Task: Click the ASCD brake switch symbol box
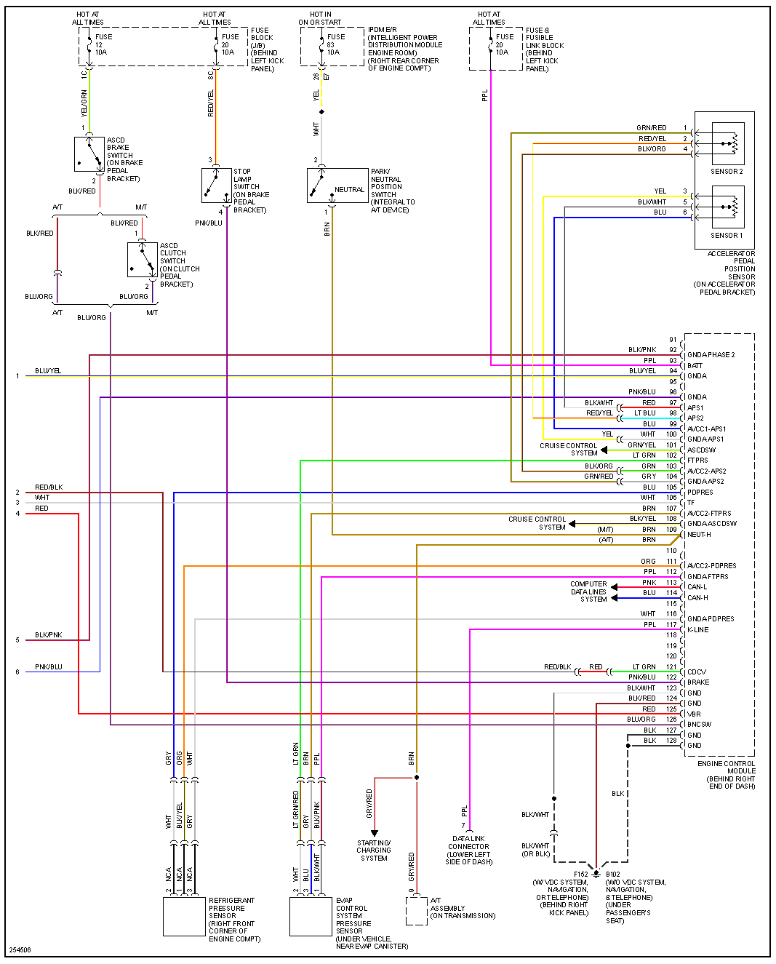89,154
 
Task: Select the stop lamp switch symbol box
216,186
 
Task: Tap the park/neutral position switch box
337,186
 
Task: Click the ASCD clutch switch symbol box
142,260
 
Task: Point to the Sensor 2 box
727,143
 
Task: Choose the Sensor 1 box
727,207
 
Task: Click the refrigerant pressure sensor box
184,917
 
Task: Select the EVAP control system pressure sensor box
311,917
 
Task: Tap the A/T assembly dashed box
416,911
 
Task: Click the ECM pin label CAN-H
697,598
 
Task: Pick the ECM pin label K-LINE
697,630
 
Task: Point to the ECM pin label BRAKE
698,682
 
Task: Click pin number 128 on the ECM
671,741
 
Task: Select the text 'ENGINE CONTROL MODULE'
727,768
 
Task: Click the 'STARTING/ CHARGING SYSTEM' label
374,851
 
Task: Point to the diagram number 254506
20,950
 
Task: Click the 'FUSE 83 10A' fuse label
336,44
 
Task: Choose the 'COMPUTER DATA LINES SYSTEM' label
588,591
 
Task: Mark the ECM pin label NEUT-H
699,535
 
